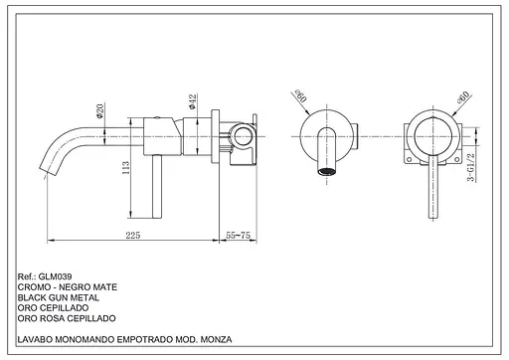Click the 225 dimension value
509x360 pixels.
coord(133,235)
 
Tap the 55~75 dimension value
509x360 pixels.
coord(238,235)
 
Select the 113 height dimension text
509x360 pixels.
coord(125,168)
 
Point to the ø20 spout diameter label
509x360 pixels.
coord(99,110)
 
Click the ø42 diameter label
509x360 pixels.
coord(192,101)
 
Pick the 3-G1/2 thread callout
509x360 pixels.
coord(470,167)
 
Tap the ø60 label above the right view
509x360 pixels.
coord(463,97)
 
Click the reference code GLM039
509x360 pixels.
coord(55,276)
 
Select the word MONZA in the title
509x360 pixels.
coord(216,339)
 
